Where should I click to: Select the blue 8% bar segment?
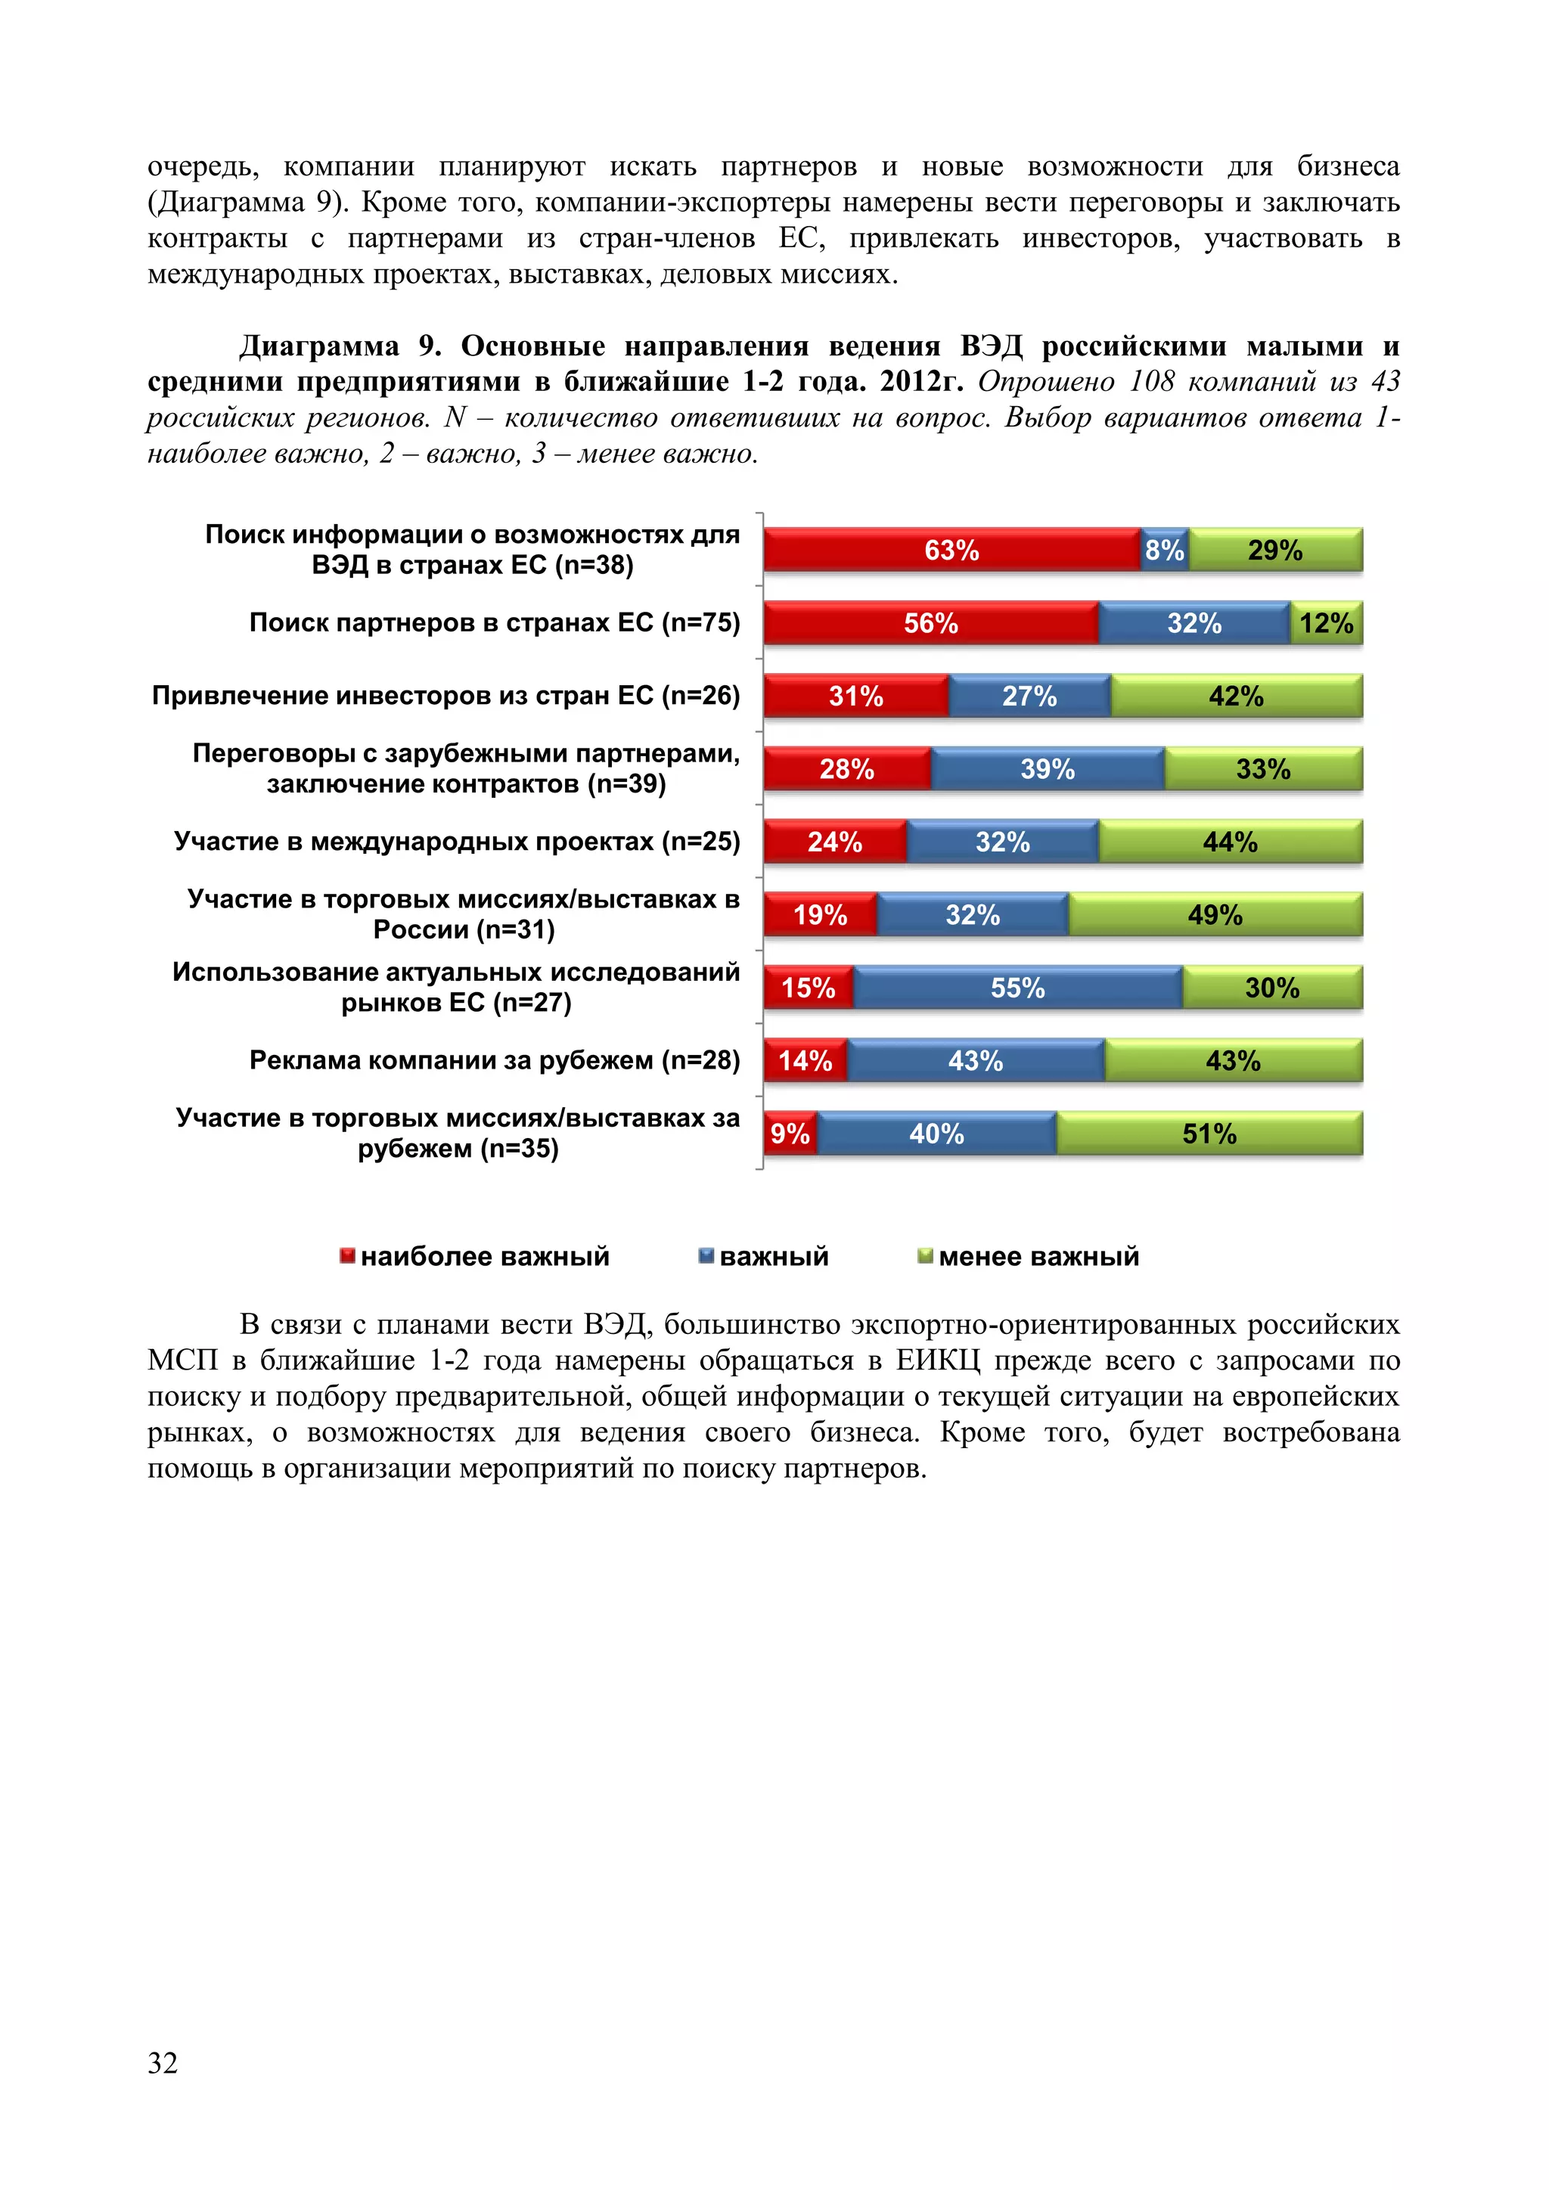(x=1164, y=550)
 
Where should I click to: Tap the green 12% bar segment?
(x=1326, y=623)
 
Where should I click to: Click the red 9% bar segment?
(x=790, y=1133)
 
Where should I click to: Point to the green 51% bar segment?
(x=1209, y=1133)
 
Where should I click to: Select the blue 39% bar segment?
(x=1048, y=769)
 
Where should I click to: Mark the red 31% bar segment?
(x=855, y=696)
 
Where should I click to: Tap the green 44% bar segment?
(x=1230, y=841)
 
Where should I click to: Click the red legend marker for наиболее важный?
(x=347, y=1255)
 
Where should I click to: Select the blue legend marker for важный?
(x=706, y=1255)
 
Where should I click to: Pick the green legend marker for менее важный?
(x=924, y=1255)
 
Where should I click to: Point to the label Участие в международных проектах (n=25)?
(x=456, y=841)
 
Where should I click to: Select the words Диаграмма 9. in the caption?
(x=339, y=346)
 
